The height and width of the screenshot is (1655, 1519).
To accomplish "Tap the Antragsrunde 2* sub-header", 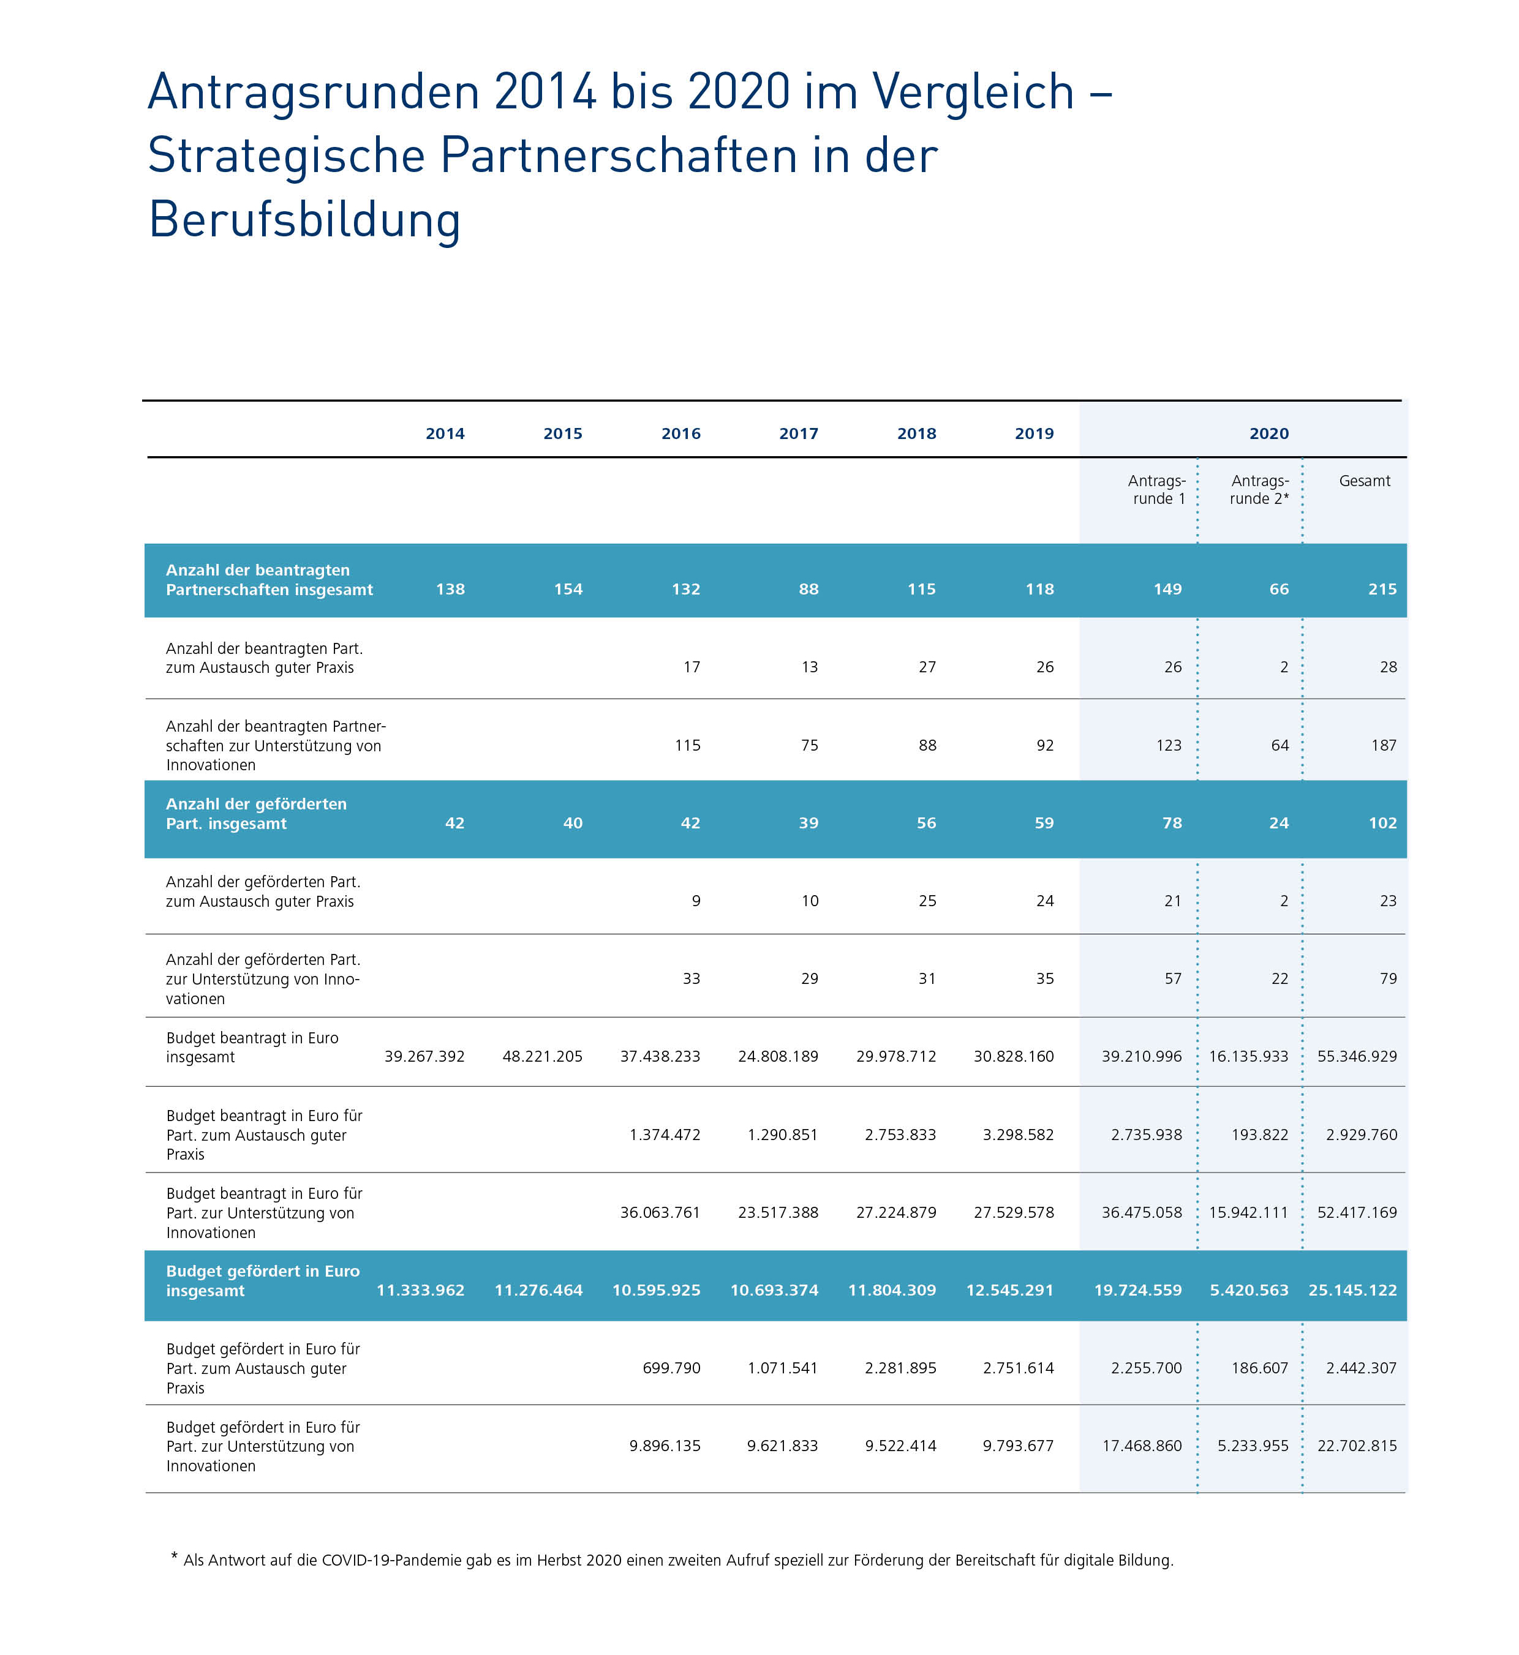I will coord(1259,490).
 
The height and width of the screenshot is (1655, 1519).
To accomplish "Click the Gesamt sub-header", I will coord(1363,481).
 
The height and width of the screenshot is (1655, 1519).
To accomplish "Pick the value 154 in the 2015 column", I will coord(567,589).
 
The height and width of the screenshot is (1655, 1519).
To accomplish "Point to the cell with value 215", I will coord(1382,589).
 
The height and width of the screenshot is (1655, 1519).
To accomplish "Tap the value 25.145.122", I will coord(1352,1290).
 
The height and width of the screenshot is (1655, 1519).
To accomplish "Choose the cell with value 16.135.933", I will coord(1248,1056).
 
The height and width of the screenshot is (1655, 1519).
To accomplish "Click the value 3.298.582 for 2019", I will coord(1017,1134).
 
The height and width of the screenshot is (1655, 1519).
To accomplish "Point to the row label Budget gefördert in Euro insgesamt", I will coord(262,1280).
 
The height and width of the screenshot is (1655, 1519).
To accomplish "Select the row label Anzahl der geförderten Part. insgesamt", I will coord(255,814).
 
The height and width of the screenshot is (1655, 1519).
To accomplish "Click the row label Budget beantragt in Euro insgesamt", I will coord(252,1047).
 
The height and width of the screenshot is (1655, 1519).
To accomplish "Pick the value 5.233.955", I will coord(1253,1446).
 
